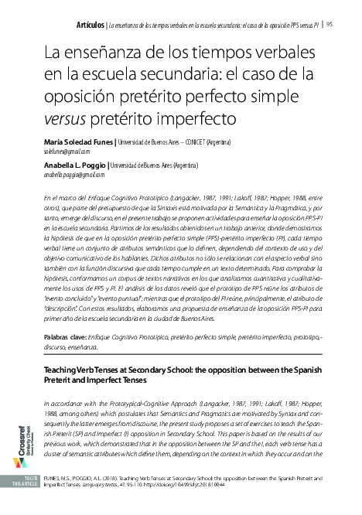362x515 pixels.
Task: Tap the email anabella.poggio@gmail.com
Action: pyautogui.click(x=77, y=176)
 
